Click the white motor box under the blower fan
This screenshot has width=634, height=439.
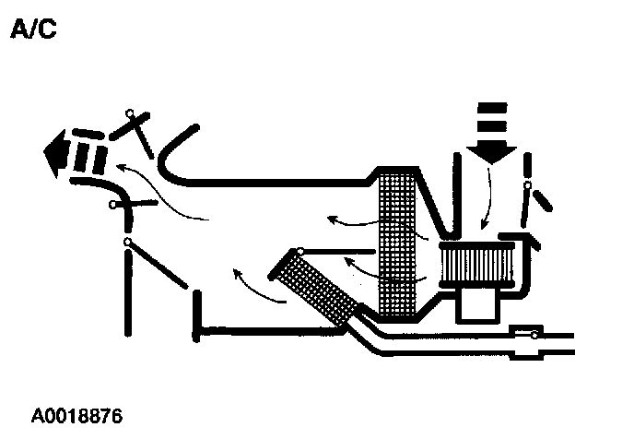(x=479, y=305)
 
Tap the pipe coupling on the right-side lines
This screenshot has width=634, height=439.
(x=528, y=340)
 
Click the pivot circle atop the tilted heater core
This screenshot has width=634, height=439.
(x=299, y=251)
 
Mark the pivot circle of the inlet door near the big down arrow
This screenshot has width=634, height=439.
(x=527, y=186)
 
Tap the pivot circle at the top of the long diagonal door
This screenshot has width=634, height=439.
(x=126, y=242)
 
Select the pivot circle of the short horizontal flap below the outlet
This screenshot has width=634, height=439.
(x=112, y=204)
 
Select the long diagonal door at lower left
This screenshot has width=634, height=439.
(x=161, y=268)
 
